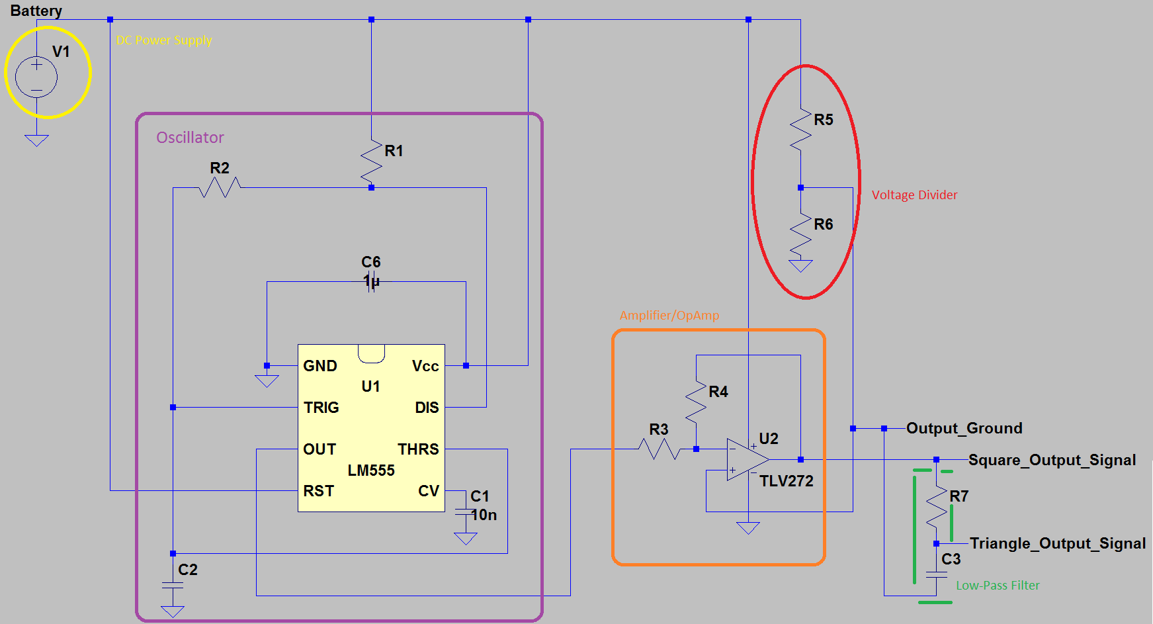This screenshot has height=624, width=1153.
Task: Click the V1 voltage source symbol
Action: point(36,77)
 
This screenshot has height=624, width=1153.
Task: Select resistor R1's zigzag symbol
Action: point(371,162)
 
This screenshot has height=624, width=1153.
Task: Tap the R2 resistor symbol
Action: point(220,188)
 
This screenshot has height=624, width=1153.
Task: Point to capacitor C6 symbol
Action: point(371,281)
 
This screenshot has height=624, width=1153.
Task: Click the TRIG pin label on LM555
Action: point(321,408)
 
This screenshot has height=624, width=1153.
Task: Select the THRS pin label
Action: point(418,449)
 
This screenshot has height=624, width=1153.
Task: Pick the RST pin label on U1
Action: point(318,491)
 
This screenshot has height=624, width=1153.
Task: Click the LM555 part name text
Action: point(371,470)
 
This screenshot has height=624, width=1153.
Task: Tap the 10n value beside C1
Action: point(484,515)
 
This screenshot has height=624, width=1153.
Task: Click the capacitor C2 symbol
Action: point(173,585)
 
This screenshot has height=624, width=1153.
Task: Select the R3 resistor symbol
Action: point(659,449)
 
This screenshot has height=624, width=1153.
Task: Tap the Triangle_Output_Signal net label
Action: point(1057,543)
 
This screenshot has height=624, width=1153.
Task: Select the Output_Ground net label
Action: point(964,428)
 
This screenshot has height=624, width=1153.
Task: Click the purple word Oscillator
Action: point(190,138)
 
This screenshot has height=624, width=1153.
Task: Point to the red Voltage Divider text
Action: point(914,195)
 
